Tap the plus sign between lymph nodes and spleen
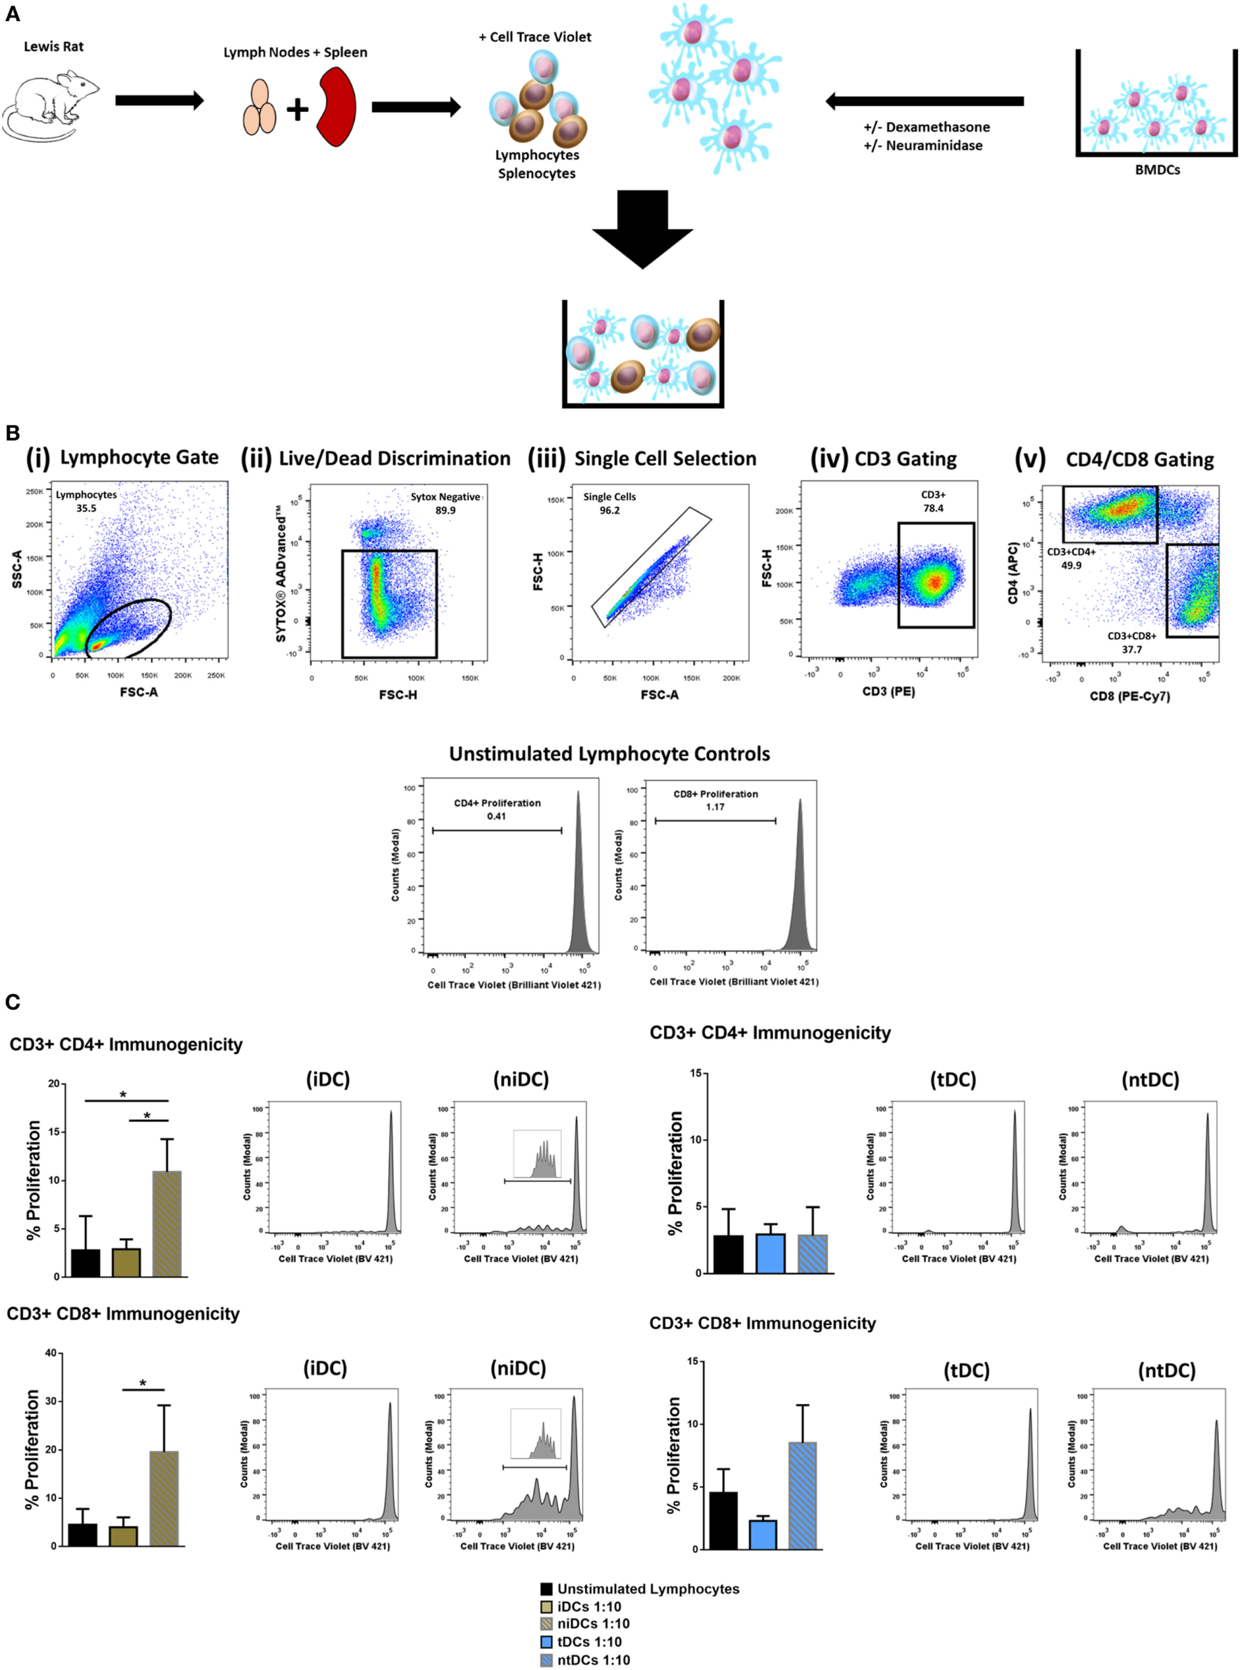tap(297, 110)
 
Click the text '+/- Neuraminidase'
tap(922, 146)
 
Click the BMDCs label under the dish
tap(1157, 170)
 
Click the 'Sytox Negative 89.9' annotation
tap(445, 503)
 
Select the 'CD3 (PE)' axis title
tap(888, 692)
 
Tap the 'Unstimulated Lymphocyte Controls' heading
tap(609, 754)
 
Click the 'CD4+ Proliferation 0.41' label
tap(497, 809)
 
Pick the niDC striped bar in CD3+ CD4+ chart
tap(167, 1223)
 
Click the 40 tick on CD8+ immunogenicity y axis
tap(50, 1353)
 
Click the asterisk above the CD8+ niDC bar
tap(143, 1383)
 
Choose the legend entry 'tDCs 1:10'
tap(589, 1642)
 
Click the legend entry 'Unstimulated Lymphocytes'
tap(647, 1589)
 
